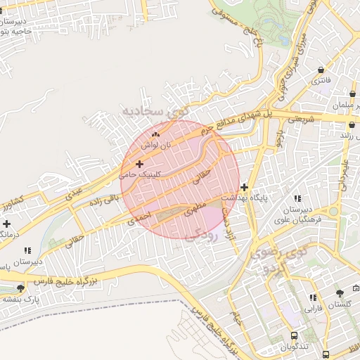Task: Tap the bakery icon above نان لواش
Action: pyautogui.click(x=155, y=133)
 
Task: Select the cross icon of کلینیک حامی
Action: pyautogui.click(x=139, y=164)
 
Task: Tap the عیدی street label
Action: pyautogui.click(x=75, y=193)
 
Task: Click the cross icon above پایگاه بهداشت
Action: pyautogui.click(x=244, y=187)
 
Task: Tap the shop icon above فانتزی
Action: pyautogui.click(x=321, y=70)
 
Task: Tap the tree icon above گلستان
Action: pyautogui.click(x=340, y=293)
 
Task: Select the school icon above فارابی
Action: pyautogui.click(x=312, y=297)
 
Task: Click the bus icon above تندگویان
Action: pyautogui.click(x=293, y=336)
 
